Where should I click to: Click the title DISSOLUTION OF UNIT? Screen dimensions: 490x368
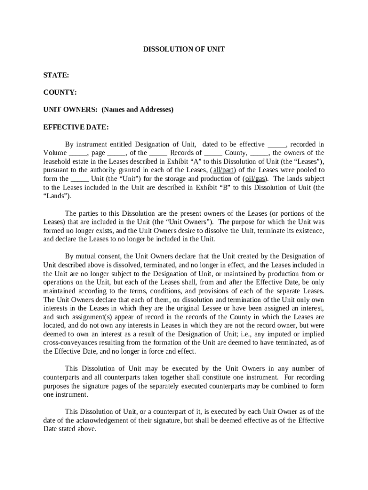click(184, 49)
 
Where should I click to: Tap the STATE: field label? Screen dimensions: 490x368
click(56, 75)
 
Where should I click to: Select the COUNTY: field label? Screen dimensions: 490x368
click(60, 92)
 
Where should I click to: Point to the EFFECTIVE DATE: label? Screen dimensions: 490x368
click(76, 127)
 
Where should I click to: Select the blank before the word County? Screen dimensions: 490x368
click(214, 153)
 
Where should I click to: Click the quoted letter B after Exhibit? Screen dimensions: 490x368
click(223, 188)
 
